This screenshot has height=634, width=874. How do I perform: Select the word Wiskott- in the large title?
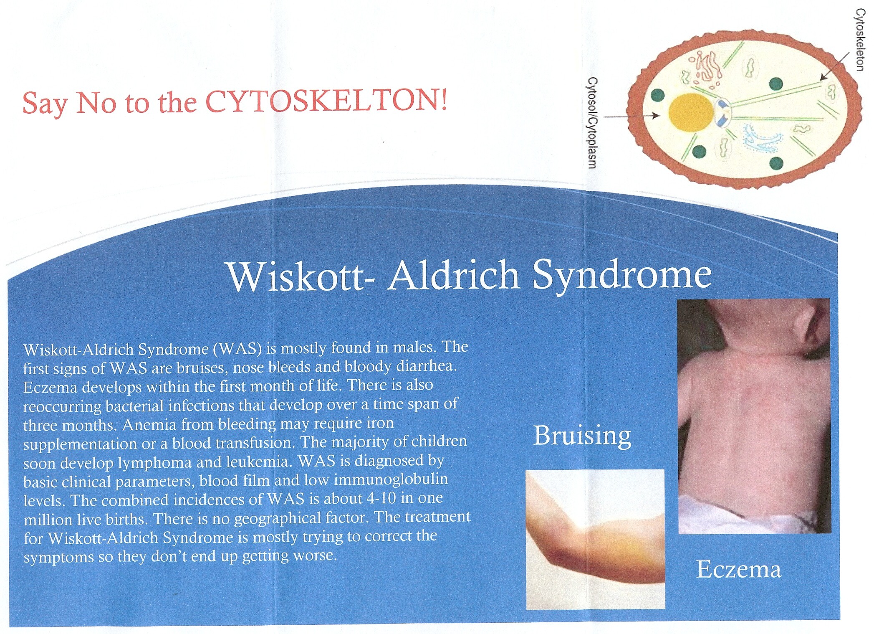click(300, 276)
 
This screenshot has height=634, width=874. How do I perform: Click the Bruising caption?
click(582, 436)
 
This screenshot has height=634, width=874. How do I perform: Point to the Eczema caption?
click(738, 569)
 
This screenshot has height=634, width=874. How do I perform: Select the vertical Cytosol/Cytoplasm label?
click(592, 122)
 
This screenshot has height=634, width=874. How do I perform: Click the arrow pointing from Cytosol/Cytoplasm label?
click(632, 117)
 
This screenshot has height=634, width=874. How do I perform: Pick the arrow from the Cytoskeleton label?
click(835, 66)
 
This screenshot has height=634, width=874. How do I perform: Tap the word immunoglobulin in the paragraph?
click(391, 480)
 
